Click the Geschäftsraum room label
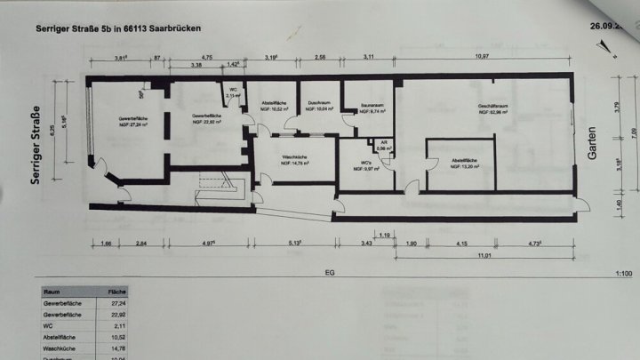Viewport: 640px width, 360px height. [x=492, y=106]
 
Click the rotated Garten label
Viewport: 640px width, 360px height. [x=591, y=141]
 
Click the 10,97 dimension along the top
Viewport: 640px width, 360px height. [x=482, y=55]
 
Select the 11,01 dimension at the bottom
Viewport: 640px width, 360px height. [x=484, y=254]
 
